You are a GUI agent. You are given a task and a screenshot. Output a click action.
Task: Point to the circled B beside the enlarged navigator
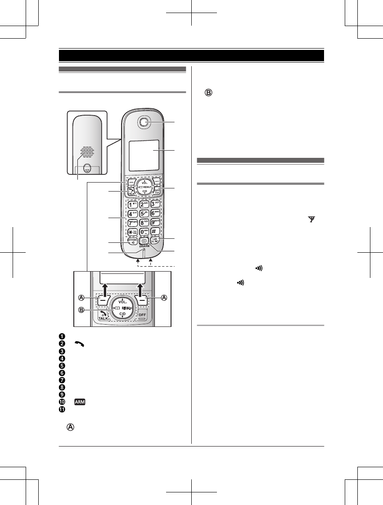pyautogui.click(x=82, y=309)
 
